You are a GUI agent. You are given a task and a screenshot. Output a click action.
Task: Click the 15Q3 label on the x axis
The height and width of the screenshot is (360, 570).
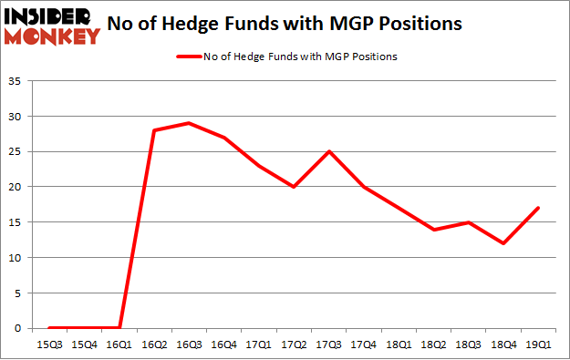point(49,344)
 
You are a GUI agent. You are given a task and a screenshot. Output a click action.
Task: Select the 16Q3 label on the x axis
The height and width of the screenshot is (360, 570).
point(189,344)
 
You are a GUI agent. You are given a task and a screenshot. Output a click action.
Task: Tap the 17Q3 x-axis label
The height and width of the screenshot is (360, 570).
point(329,344)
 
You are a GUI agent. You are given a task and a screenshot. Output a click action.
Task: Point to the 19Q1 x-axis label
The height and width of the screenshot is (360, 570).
point(539,344)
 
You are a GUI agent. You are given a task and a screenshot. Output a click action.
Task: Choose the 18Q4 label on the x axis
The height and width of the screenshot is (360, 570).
point(504,344)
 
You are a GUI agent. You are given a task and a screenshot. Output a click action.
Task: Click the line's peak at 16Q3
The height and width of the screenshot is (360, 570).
point(189,123)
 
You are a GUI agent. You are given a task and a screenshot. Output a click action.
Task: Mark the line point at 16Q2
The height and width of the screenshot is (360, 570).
point(154,130)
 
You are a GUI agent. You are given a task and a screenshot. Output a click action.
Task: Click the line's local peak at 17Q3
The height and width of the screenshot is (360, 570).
point(329,151)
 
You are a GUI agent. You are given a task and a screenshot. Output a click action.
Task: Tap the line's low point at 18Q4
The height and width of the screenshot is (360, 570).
point(504,243)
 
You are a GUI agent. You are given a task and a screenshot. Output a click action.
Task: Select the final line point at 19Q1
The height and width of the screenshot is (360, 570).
point(539,208)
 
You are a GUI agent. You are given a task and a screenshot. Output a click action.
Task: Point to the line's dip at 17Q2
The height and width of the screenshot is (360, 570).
point(294,187)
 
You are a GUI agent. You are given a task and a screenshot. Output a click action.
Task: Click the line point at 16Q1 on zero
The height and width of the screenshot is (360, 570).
point(119,327)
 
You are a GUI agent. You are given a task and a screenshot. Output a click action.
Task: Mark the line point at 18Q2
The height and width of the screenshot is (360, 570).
point(434,229)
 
